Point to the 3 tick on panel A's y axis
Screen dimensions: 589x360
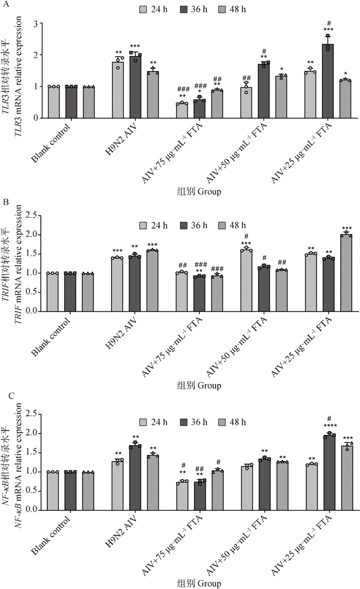[x=36, y=23]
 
